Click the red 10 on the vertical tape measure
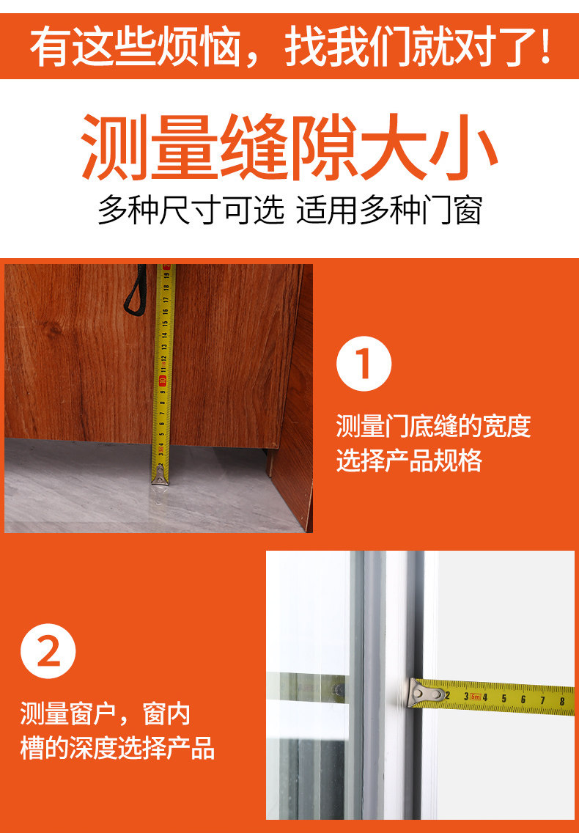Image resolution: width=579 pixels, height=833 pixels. pyautogui.click(x=163, y=380)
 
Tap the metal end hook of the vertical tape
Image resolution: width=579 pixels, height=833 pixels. pyautogui.click(x=160, y=477)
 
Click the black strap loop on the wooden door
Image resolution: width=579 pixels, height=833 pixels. pyautogui.click(x=135, y=289)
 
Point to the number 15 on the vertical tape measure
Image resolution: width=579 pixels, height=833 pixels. pyautogui.click(x=165, y=323)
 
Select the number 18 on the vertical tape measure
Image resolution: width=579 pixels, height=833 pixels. pyautogui.click(x=166, y=288)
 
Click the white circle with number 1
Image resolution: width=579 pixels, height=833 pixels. pyautogui.click(x=364, y=364)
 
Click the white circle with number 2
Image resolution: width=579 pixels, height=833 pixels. pyautogui.click(x=48, y=651)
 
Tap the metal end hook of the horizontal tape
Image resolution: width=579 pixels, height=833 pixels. pyautogui.click(x=426, y=694)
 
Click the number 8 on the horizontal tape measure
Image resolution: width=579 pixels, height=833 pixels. pyautogui.click(x=562, y=701)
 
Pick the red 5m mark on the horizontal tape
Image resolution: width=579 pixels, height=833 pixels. pyautogui.click(x=475, y=697)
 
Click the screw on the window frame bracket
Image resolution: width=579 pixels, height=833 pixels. pyautogui.click(x=339, y=690)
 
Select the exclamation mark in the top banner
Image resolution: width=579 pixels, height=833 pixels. pyautogui.click(x=545, y=47)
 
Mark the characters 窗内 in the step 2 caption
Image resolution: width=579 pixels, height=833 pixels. pyautogui.click(x=166, y=714)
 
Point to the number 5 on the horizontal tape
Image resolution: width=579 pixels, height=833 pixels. pyautogui.click(x=504, y=698)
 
